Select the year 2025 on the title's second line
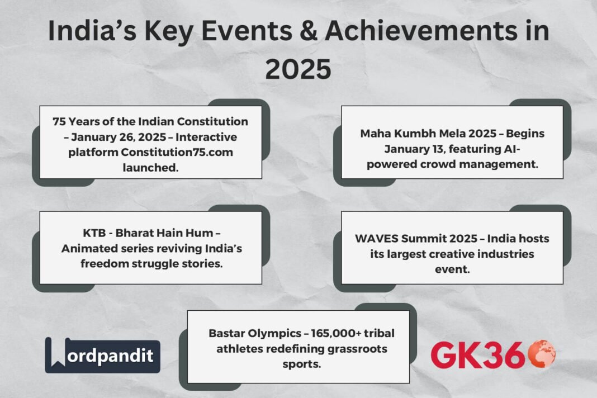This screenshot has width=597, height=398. (298, 69)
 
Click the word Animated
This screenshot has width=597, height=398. (87, 248)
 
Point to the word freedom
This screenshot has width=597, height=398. (104, 263)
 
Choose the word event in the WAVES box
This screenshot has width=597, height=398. (452, 269)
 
